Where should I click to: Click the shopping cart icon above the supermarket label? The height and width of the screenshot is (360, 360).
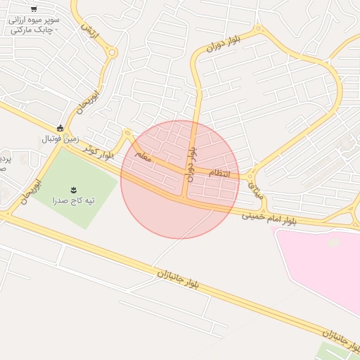click(x=34, y=9)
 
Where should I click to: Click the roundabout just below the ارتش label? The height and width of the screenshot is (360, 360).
click(x=111, y=52)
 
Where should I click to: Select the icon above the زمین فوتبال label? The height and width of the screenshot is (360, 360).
click(x=60, y=128)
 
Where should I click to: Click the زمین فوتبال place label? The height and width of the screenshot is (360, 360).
click(x=60, y=139)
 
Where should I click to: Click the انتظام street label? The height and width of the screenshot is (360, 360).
click(x=219, y=173)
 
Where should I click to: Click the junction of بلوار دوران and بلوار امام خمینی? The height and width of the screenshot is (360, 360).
click(x=184, y=199)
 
